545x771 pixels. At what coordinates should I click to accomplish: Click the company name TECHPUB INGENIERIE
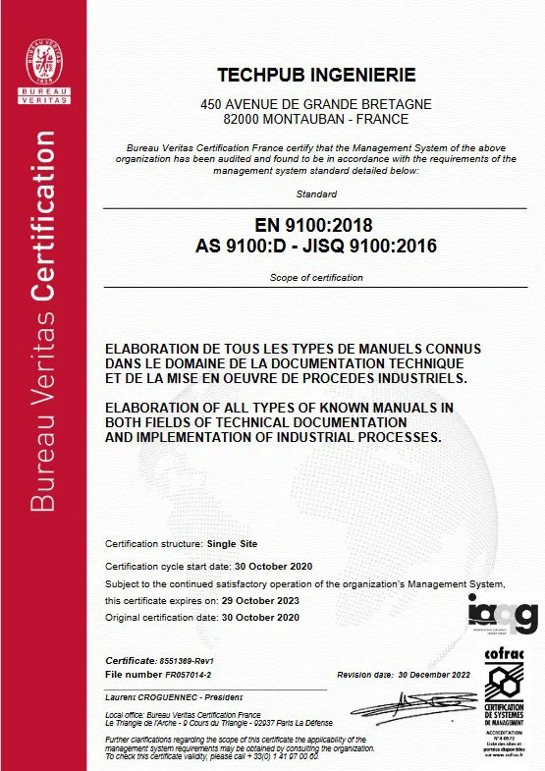(316, 76)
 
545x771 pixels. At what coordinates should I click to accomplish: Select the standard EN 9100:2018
(316, 225)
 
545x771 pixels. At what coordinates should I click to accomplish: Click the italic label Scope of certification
(316, 278)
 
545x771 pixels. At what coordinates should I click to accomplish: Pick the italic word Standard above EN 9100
(316, 194)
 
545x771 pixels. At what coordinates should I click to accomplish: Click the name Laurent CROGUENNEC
(145, 696)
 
